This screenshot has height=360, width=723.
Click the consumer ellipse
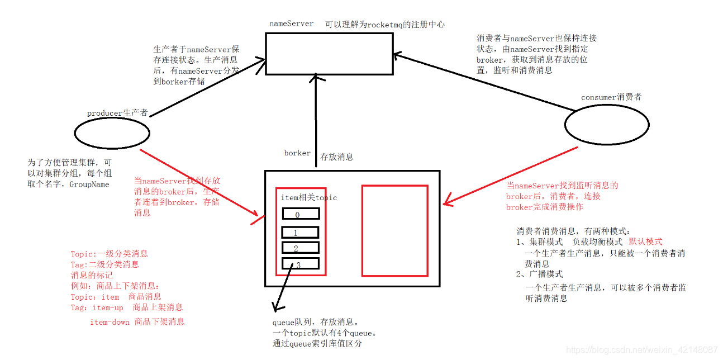click(607, 125)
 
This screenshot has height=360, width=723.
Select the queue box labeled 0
click(300, 214)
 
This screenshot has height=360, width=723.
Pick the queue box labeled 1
click(300, 232)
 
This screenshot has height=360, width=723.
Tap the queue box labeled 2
click(300, 248)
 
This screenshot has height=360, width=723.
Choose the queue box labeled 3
click(300, 263)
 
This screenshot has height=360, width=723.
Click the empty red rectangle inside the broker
click(394, 231)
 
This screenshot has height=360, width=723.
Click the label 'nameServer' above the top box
click(291, 23)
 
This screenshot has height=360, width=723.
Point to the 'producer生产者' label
click(117, 113)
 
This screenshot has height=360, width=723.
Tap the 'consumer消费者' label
click(611, 97)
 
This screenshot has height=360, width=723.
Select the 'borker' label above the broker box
click(297, 153)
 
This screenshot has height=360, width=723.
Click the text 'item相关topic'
click(309, 198)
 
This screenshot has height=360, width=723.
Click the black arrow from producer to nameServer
click(207, 87)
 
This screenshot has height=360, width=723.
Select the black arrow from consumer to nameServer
click(486, 82)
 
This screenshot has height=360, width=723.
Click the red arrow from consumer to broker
click(511, 176)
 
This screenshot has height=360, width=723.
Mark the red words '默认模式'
click(645, 241)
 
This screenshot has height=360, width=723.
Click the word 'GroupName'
click(89, 184)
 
